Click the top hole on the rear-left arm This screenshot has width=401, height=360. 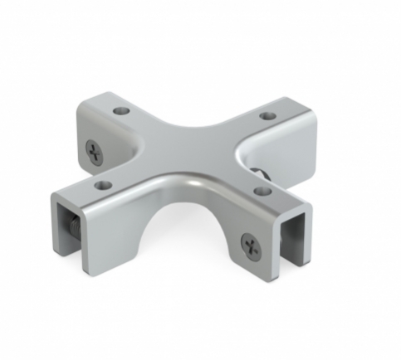click(x=122, y=110)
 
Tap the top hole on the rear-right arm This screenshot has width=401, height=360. click(x=267, y=115)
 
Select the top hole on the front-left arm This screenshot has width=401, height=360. click(x=102, y=183)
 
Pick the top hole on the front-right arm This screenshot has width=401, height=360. click(x=262, y=191)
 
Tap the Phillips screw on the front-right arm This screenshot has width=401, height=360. click(x=249, y=244)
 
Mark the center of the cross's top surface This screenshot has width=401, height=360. click(x=191, y=149)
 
